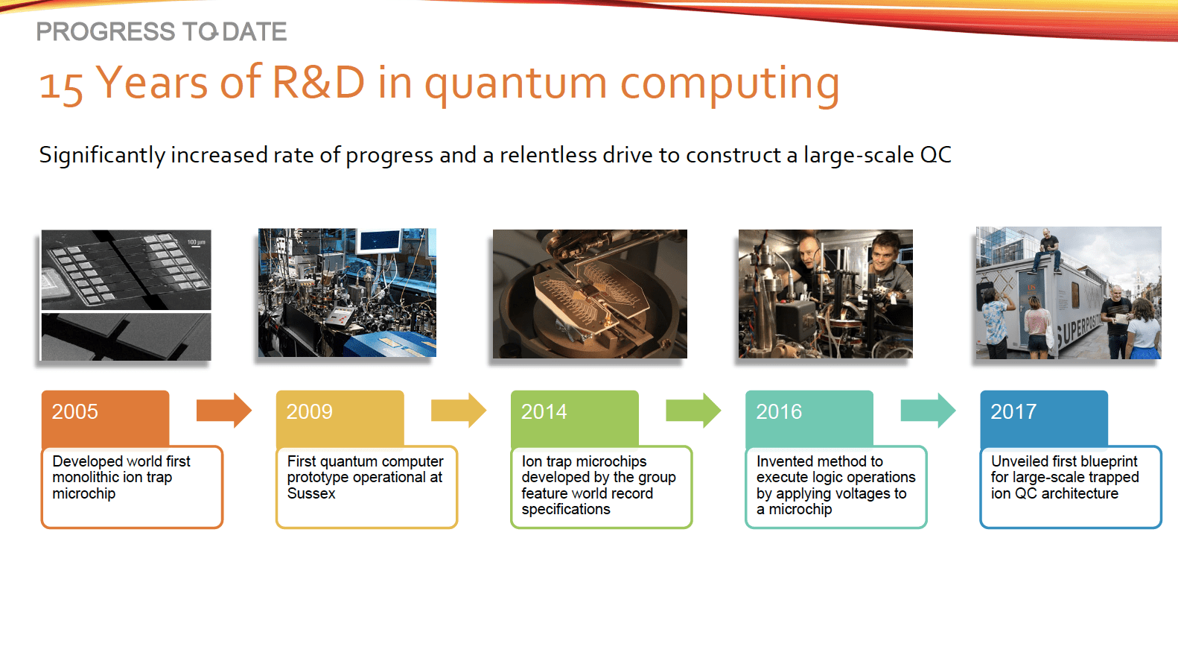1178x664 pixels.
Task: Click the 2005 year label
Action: [74, 411]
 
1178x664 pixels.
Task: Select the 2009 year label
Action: [309, 411]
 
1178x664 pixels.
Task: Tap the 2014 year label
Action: [544, 411]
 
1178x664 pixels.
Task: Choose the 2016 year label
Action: [779, 411]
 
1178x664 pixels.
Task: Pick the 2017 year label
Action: [1013, 411]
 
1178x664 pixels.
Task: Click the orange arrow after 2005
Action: [223, 410]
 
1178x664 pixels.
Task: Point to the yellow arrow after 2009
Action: [458, 410]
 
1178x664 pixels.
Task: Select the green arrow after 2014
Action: [693, 410]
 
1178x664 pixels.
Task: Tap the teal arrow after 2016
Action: [927, 410]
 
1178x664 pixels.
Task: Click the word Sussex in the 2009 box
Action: [311, 493]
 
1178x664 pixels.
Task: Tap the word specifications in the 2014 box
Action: [565, 509]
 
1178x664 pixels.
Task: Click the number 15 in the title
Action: [60, 86]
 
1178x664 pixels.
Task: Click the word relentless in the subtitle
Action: [548, 155]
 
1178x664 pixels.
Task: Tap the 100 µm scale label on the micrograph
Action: [196, 242]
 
